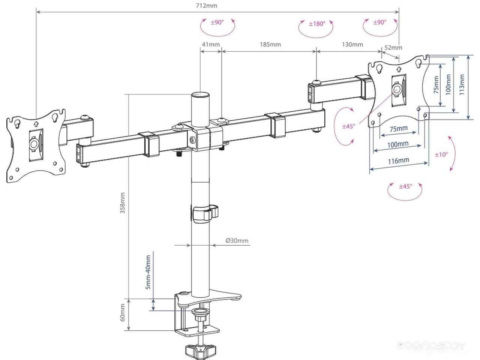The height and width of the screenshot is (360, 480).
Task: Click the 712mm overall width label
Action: click(x=206, y=6)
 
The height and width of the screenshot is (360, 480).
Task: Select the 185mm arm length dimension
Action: click(x=270, y=45)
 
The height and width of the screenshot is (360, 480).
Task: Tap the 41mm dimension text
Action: click(x=211, y=45)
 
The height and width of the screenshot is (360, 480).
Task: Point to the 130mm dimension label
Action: click(x=352, y=45)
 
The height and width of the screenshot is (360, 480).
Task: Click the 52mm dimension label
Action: click(x=393, y=47)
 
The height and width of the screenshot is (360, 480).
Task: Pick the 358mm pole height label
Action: click(x=123, y=203)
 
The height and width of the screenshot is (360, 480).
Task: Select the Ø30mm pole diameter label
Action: click(x=237, y=241)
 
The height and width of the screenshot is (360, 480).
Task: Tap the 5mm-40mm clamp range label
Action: click(x=148, y=272)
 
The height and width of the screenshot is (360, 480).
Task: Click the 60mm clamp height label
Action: click(x=123, y=312)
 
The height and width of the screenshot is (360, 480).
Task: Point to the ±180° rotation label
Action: click(x=317, y=24)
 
